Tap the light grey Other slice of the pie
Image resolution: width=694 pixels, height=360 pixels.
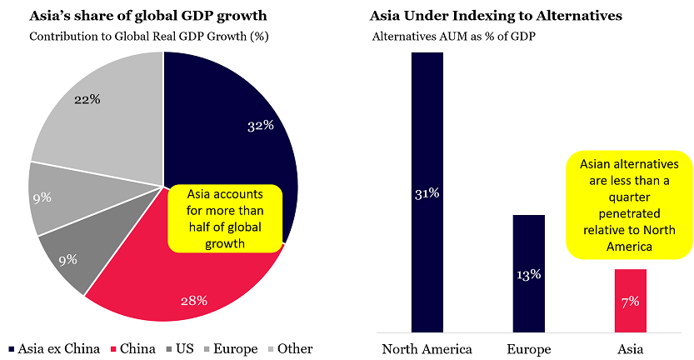[100, 108]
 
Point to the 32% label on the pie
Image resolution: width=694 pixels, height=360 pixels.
[261, 127]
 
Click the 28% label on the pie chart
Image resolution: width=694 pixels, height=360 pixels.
[193, 300]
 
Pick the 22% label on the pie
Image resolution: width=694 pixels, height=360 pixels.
[87, 99]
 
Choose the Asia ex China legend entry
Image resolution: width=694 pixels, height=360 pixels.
[52, 348]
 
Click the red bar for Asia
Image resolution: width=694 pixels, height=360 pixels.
[630, 300]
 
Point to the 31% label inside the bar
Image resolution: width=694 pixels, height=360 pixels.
[427, 193]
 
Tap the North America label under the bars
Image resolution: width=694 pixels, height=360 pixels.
[427, 348]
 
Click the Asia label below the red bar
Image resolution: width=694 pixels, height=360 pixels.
[630, 348]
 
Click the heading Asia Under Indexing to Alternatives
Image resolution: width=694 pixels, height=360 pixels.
[496, 16]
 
